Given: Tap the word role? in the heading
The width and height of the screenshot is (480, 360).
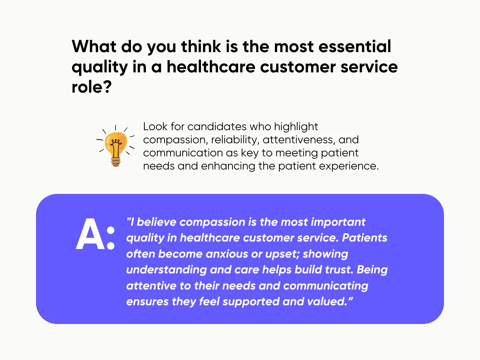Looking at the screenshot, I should point(91,87).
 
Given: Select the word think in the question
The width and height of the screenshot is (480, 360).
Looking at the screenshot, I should point(201,46).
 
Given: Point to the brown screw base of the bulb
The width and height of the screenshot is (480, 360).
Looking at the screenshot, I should point(116,162).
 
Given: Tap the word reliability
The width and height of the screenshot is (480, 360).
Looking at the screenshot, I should point(235,140).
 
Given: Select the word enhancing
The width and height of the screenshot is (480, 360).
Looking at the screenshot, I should point(228,166).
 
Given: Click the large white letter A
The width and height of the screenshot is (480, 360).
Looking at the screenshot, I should point(90,235).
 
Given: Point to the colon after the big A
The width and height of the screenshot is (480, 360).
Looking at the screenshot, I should point(111,237).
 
